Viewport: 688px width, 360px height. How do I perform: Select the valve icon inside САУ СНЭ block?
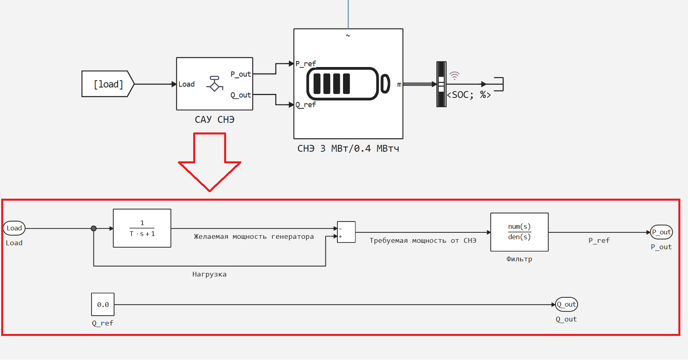[214, 83]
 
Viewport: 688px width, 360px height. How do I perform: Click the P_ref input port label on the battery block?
[306, 64]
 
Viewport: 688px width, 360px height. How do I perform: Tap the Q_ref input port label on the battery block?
[306, 105]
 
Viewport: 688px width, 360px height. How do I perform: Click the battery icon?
[347, 83]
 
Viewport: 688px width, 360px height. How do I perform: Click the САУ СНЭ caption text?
[214, 120]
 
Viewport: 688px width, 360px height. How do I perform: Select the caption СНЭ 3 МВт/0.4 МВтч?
[348, 148]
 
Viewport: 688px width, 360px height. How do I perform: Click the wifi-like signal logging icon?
[454, 75]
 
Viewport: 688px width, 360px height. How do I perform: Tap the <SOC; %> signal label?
[469, 95]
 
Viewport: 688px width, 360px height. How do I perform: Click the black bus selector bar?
[441, 84]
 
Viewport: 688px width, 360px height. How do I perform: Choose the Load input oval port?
[14, 228]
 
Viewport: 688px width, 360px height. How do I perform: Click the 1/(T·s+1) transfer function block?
[142, 228]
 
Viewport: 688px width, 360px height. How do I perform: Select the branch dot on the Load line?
[94, 228]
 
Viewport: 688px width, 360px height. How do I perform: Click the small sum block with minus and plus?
[346, 232]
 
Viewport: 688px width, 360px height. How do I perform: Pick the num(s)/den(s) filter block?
[519, 232]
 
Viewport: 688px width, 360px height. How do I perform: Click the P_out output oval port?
[661, 232]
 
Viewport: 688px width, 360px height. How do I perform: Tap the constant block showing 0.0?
[103, 304]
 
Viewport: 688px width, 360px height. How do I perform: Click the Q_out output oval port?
[566, 304]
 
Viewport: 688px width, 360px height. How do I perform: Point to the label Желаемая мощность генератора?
[254, 237]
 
